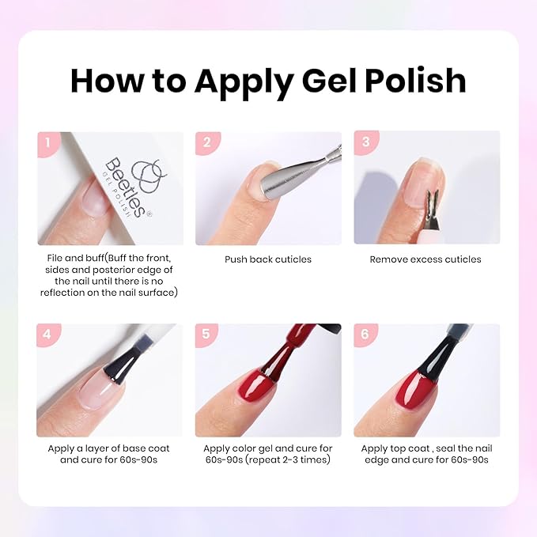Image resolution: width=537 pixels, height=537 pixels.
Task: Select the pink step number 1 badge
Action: (x=48, y=143)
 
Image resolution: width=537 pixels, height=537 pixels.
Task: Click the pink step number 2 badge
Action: (x=207, y=143)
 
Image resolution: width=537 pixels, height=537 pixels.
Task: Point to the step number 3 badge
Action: (x=365, y=143)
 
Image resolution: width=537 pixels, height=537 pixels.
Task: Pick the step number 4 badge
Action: (x=48, y=335)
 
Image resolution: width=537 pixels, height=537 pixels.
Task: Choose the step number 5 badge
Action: (x=207, y=335)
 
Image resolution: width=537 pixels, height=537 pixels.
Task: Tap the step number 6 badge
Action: (x=365, y=335)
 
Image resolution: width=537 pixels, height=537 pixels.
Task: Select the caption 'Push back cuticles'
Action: (x=268, y=259)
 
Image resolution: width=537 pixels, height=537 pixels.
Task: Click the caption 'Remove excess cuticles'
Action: (x=425, y=259)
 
